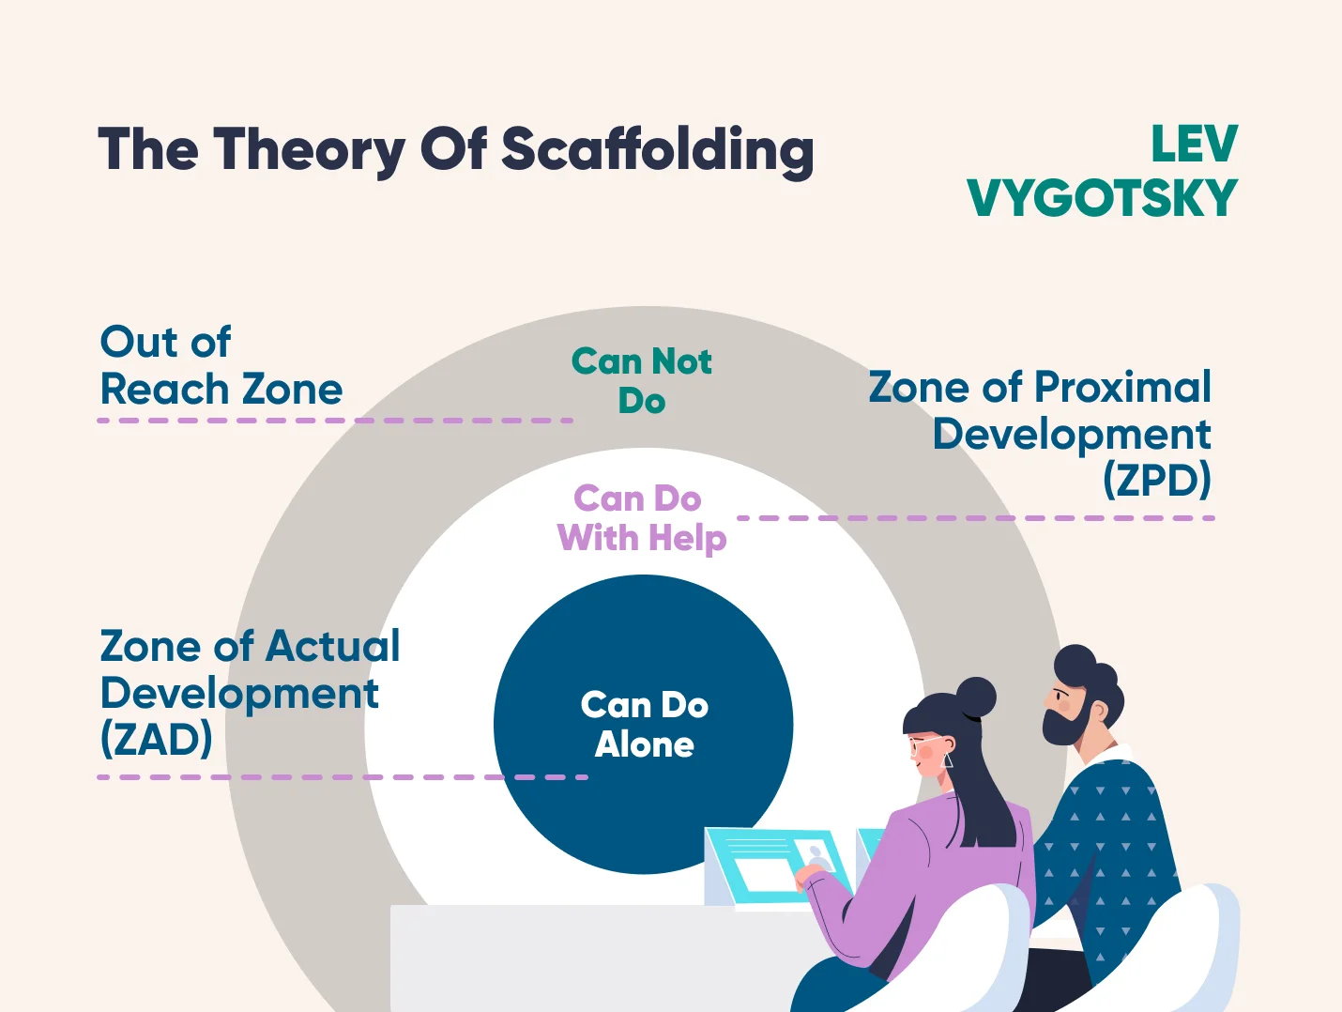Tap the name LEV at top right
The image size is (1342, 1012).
coord(1194,145)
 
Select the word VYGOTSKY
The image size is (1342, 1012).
coord(1103,197)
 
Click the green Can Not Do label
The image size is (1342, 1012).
coord(641,380)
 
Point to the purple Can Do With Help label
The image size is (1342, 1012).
coord(641,518)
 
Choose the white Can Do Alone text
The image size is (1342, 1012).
coord(645,725)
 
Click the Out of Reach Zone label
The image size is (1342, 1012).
coord(221,365)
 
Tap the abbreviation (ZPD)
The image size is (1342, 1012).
coord(1157,480)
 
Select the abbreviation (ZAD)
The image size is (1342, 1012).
coord(157,739)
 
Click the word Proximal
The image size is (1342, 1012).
coord(1122,387)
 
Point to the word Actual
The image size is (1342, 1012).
coord(332,646)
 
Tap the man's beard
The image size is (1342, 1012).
coord(1064,723)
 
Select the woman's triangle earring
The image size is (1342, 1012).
coord(947,760)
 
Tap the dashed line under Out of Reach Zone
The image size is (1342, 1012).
coord(335,421)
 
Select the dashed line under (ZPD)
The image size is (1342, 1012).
coord(976,518)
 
